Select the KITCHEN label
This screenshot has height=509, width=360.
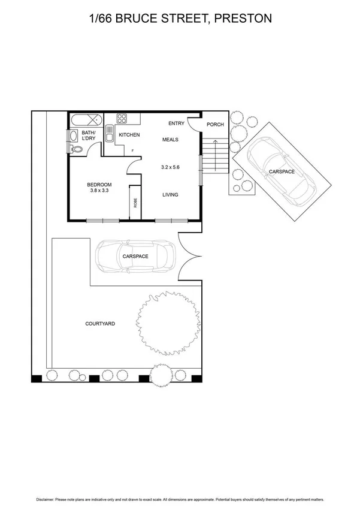point(129,135)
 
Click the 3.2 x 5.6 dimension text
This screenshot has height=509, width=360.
point(171,167)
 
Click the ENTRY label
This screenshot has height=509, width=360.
point(176,124)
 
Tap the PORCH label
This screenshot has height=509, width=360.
point(215,125)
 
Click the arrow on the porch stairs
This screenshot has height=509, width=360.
point(212,158)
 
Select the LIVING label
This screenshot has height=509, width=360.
point(171,194)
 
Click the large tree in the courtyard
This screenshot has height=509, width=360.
point(167,324)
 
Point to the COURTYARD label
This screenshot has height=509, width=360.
point(101,324)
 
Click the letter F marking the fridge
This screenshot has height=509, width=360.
point(125,150)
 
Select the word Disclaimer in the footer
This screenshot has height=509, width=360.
point(46,499)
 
